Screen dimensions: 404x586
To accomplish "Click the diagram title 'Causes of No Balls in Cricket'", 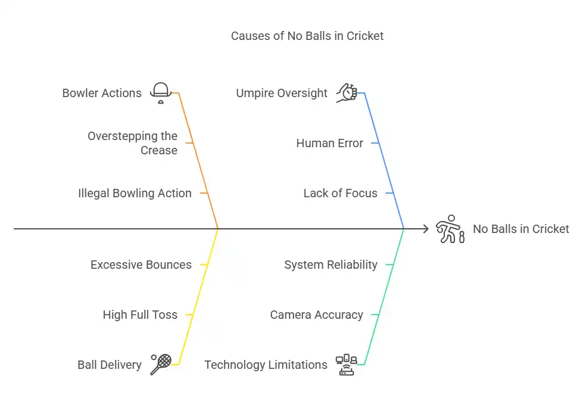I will [x=307, y=36].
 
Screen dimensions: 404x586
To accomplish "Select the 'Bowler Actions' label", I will [x=102, y=93].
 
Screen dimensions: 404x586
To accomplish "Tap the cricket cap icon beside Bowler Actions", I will [x=160, y=93].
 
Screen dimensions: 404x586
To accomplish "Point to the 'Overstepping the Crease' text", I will [x=132, y=143].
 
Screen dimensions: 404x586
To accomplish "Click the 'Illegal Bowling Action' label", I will [x=135, y=193].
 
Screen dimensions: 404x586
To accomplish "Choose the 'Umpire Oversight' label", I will [x=282, y=93].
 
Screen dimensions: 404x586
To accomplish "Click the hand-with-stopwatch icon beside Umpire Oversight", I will [x=346, y=93].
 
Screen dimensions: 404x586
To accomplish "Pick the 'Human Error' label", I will [x=329, y=143].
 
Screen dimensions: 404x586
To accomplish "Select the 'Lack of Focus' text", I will [x=340, y=193].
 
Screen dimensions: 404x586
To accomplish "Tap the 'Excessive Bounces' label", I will [x=141, y=265].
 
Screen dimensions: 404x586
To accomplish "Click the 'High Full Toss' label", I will [x=140, y=315].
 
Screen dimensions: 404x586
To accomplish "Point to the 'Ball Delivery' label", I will [x=110, y=365].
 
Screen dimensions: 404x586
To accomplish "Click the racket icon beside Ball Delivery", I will [x=161, y=364].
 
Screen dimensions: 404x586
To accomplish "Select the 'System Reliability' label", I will [x=331, y=265].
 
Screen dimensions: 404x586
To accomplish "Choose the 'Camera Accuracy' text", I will [x=316, y=315].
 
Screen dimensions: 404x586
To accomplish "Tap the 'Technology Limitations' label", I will [x=266, y=365].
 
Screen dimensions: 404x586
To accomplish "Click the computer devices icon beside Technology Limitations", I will [x=346, y=364].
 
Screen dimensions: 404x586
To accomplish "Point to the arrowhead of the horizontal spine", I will [x=425, y=229].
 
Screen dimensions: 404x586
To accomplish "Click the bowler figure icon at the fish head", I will [x=450, y=229].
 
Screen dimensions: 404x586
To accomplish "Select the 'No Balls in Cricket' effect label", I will [x=520, y=229].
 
